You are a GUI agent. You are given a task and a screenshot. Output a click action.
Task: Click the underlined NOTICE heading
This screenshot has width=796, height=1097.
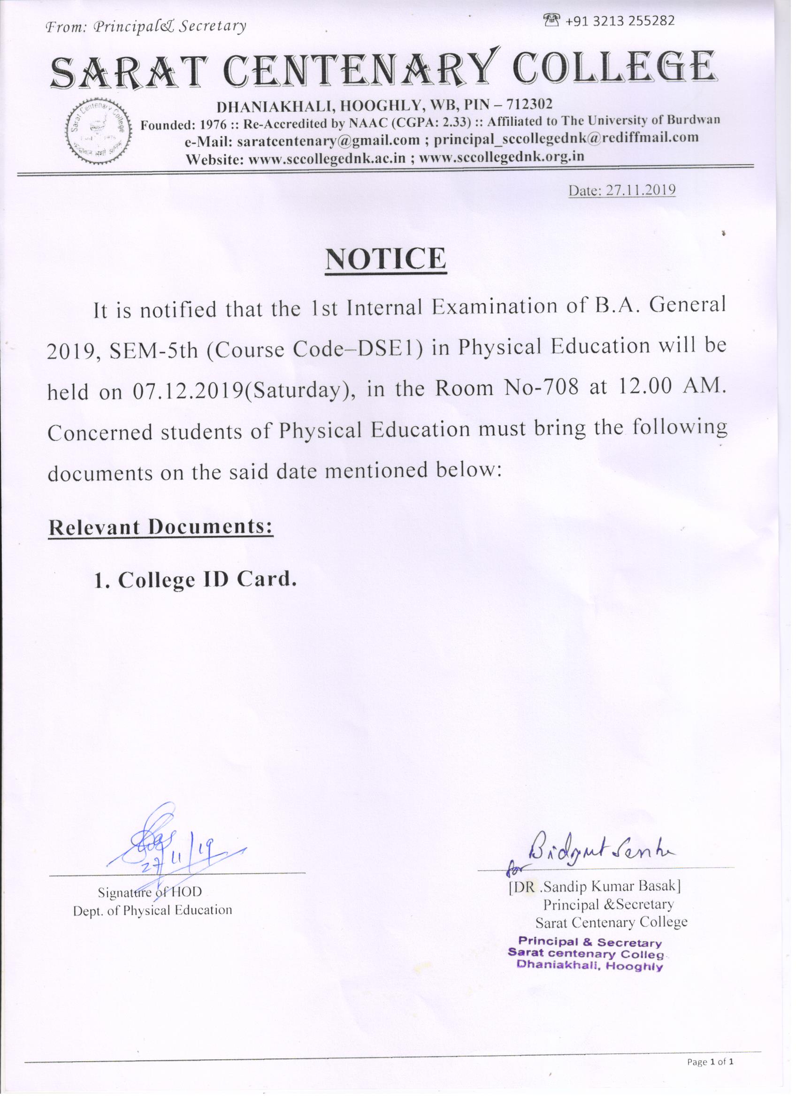point(385,260)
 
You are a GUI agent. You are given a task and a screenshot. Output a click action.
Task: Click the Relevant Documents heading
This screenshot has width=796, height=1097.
point(161,527)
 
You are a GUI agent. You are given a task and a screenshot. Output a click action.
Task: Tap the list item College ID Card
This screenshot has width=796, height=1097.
point(194,579)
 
